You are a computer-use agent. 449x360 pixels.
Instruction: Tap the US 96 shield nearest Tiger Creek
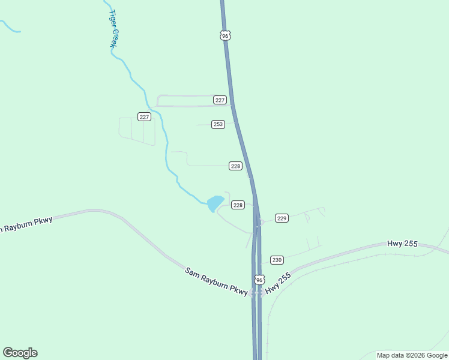pos(224,36)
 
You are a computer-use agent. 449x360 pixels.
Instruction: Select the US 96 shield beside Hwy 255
pos(259,280)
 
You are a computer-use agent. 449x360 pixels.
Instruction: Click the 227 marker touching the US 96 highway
pos(220,100)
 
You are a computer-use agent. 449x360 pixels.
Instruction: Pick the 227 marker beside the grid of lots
pos(144,116)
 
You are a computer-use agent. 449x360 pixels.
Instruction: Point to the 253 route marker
pos(218,124)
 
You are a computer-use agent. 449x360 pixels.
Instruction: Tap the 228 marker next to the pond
pos(238,205)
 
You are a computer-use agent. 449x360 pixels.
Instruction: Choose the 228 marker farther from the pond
pos(235,166)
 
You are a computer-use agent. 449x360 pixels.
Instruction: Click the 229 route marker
pos(282,218)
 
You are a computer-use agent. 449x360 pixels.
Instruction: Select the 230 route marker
pos(276,260)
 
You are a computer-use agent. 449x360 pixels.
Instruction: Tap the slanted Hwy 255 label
pos(278,283)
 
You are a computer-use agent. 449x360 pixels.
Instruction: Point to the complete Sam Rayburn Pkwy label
pos(216,281)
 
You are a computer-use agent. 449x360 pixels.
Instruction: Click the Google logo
pos(20,353)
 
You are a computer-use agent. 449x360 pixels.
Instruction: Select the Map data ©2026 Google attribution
pos(412,355)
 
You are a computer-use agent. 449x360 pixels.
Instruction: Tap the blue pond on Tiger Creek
pos(215,203)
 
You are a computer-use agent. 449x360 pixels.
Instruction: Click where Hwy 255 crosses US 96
pos(257,293)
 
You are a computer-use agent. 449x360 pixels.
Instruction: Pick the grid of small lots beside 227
pos(137,131)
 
